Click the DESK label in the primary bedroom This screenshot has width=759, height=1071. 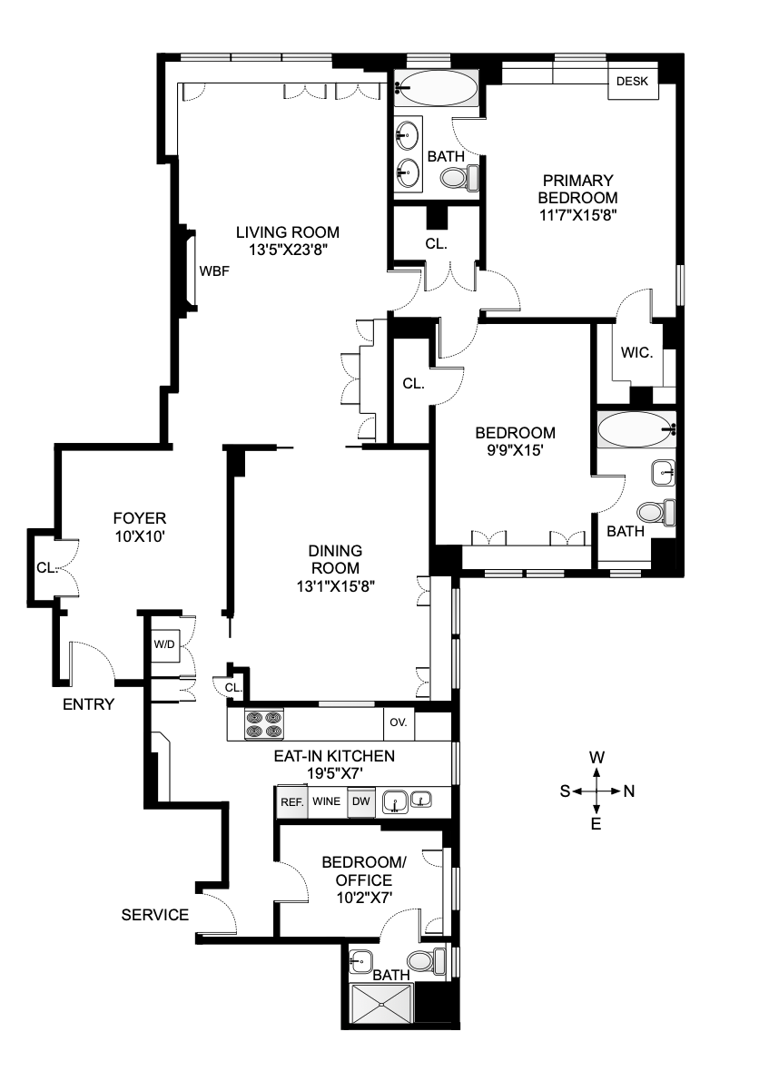[x=632, y=82]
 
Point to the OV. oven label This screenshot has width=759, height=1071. [x=398, y=723]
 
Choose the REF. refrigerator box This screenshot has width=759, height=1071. [x=291, y=802]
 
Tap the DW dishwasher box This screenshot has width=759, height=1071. [x=360, y=802]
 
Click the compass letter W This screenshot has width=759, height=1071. [x=596, y=757]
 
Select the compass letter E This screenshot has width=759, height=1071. [x=596, y=824]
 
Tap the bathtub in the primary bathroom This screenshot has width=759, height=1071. [x=439, y=89]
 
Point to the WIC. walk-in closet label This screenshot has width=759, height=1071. [x=636, y=352]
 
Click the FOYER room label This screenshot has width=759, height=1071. [x=139, y=518]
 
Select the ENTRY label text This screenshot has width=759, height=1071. [x=88, y=704]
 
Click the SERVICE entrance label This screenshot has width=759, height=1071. [x=155, y=914]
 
